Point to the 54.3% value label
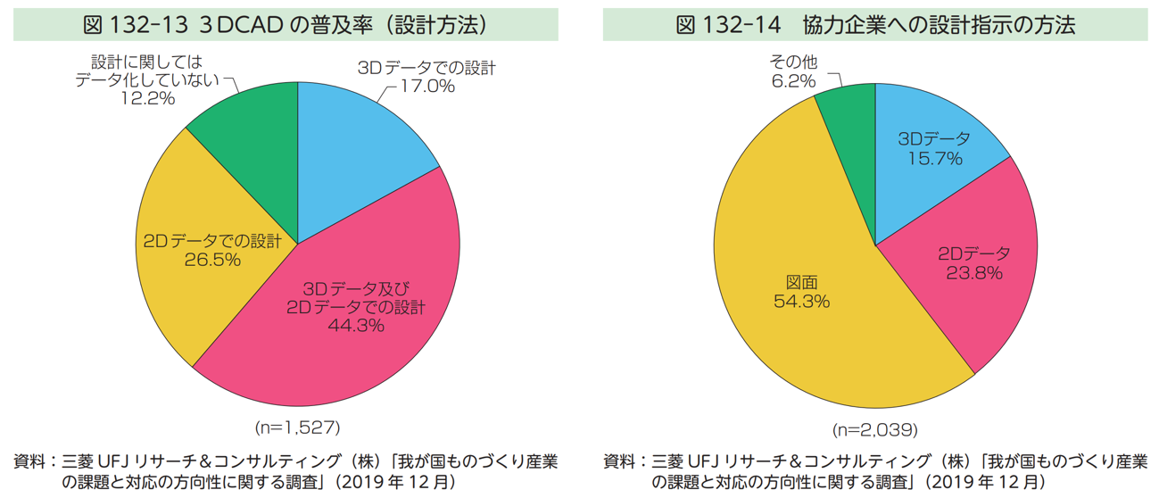pyautogui.click(x=801, y=302)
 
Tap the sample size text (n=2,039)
pyautogui.click(x=874, y=430)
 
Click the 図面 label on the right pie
pyautogui.click(x=801, y=282)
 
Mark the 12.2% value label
pyautogui.click(x=148, y=98)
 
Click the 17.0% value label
pyautogui.click(x=426, y=87)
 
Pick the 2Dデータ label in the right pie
pyautogui.click(x=974, y=253)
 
